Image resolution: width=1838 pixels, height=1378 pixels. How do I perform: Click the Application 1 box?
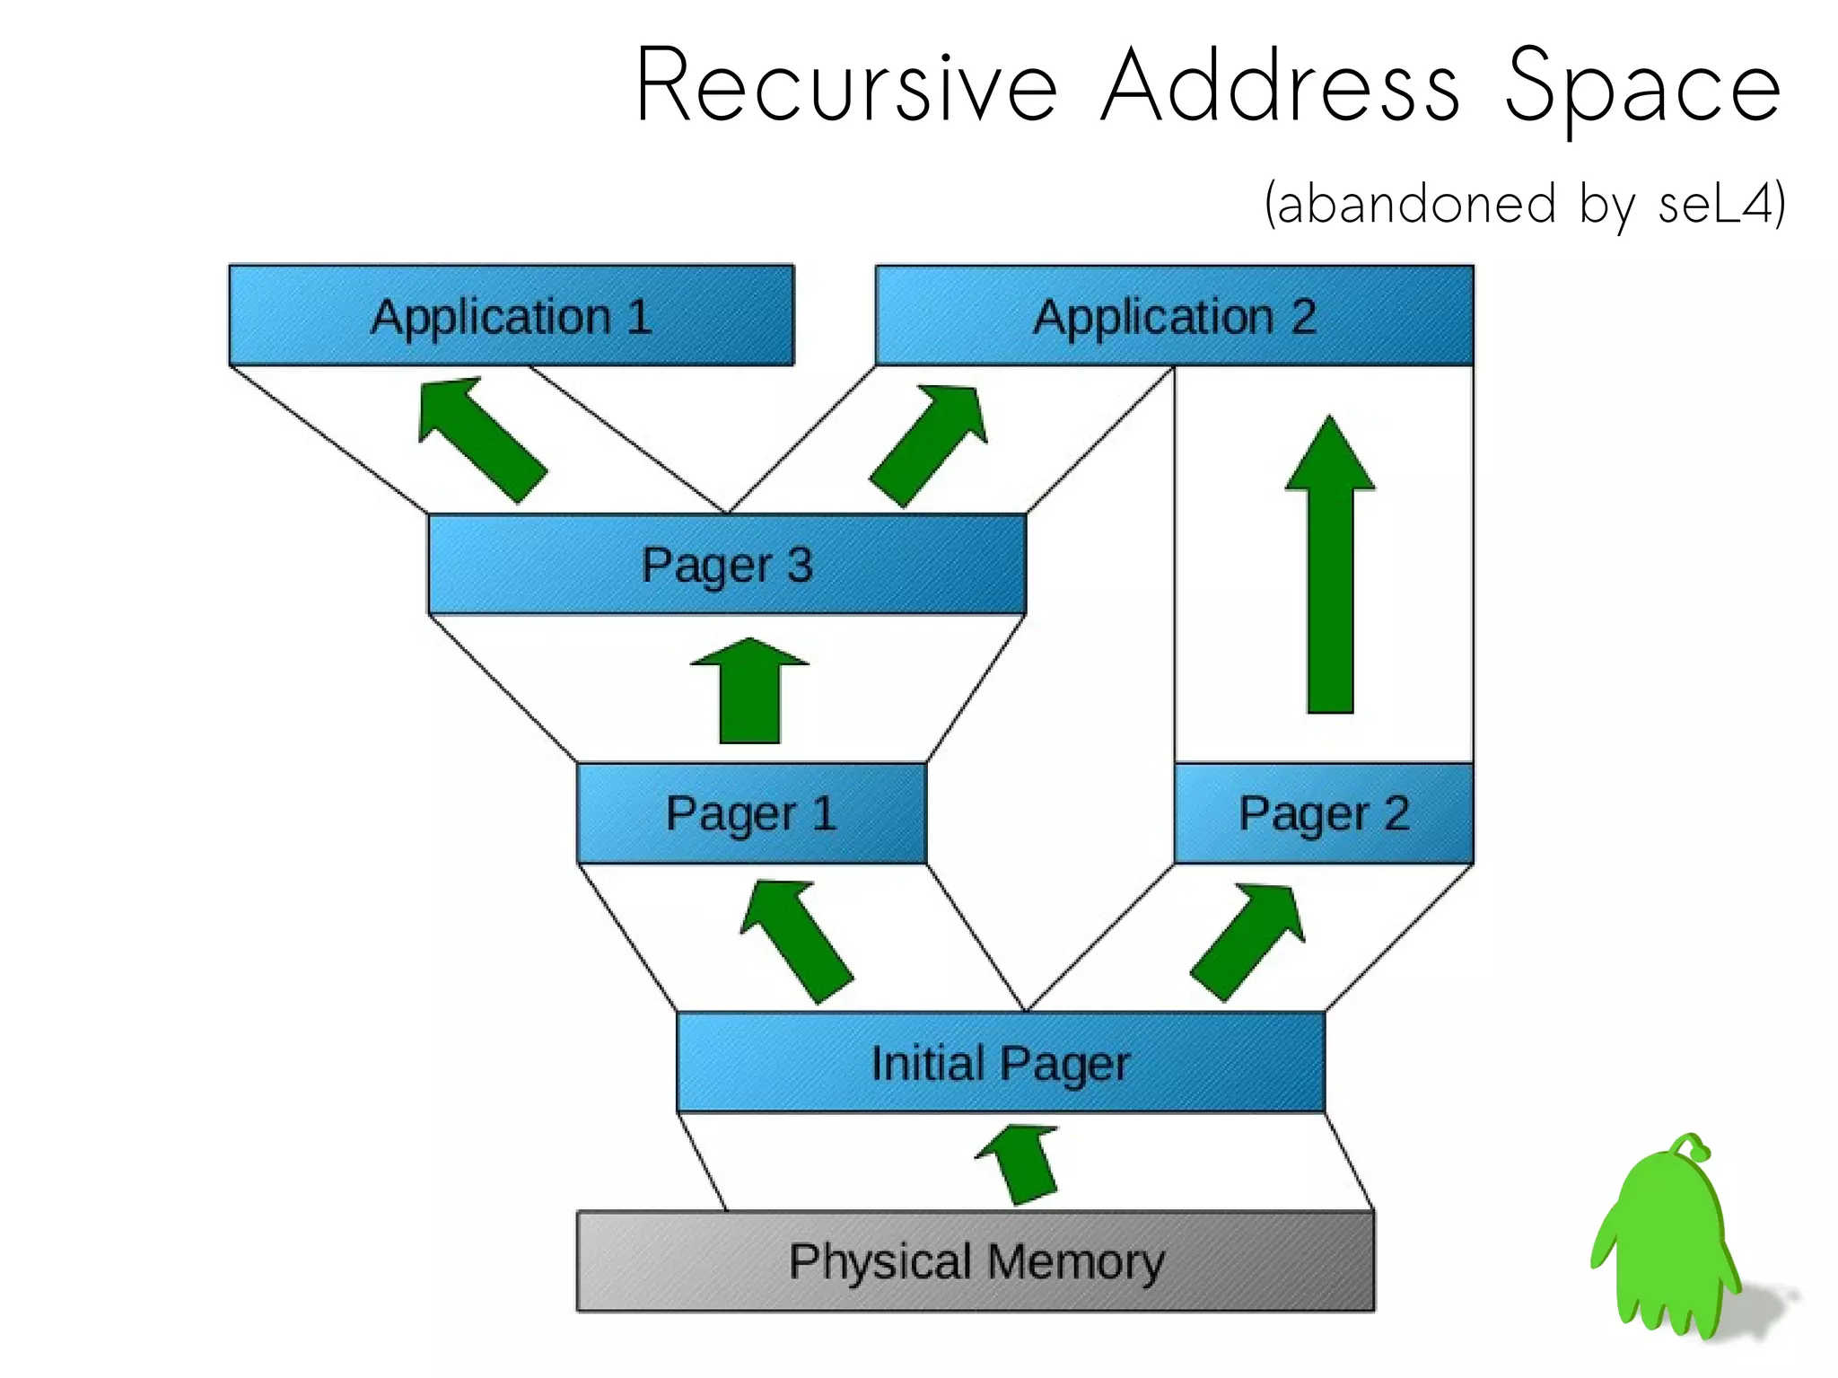(x=511, y=315)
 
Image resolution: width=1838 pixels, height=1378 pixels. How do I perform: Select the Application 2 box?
(x=1174, y=315)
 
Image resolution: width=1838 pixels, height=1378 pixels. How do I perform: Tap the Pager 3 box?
(x=727, y=565)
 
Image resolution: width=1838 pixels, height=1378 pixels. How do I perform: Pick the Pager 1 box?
(x=751, y=813)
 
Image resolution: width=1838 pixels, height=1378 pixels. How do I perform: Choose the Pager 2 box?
(x=1324, y=813)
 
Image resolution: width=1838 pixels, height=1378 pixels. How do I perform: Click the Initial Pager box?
(x=1001, y=1063)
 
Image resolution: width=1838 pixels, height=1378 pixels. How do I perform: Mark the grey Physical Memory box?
(x=976, y=1261)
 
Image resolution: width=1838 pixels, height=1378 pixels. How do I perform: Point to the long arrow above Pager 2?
(x=1330, y=575)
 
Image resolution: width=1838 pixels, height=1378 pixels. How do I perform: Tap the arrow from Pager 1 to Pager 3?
(x=749, y=691)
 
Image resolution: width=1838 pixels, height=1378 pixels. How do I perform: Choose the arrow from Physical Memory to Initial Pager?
(x=1021, y=1163)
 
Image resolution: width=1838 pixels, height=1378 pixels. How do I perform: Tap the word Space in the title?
(x=1642, y=88)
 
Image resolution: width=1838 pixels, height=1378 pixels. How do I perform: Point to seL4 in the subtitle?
(x=1714, y=204)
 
